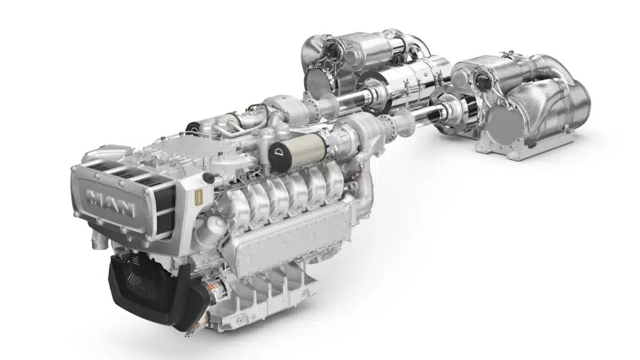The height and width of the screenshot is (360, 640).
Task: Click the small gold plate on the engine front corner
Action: (x=198, y=197)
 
